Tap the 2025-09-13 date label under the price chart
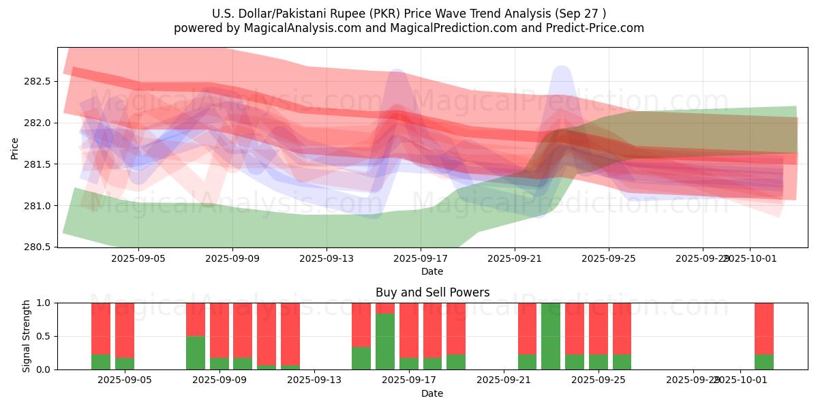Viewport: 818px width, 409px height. coord(326,259)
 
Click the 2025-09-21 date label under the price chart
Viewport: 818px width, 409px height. coord(514,259)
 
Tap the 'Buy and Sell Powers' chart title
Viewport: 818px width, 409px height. coord(432,292)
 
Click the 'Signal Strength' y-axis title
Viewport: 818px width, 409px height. coord(27,336)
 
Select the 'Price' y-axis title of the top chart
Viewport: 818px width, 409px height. coord(15,148)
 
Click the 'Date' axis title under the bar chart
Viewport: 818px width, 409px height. coord(432,393)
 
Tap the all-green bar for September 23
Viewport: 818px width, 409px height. coord(551,336)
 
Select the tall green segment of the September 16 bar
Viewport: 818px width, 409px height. coord(385,342)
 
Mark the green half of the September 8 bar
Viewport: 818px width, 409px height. coord(196,352)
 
